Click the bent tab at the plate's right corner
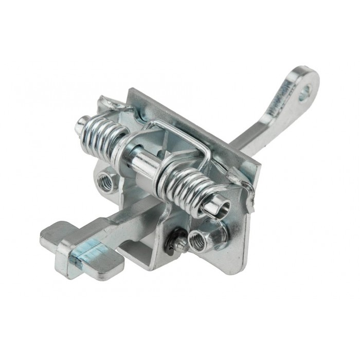[250, 199]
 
